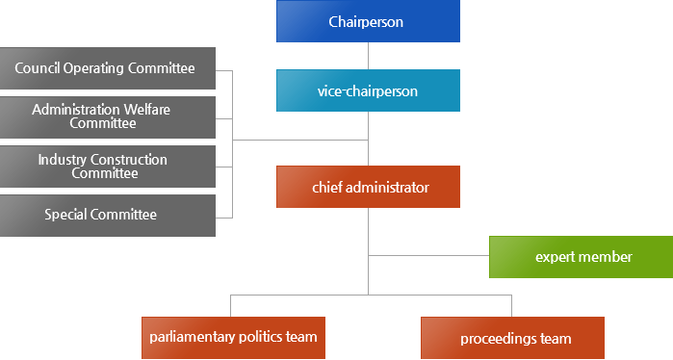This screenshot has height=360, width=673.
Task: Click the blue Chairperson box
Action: (x=367, y=21)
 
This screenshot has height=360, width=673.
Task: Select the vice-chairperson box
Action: (x=367, y=91)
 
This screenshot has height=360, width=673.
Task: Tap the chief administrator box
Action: (x=367, y=187)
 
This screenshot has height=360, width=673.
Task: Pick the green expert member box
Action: (x=581, y=257)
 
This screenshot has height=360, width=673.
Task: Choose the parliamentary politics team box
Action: (x=233, y=338)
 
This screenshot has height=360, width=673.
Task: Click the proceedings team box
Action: (x=512, y=338)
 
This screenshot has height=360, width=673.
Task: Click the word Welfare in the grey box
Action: (x=146, y=110)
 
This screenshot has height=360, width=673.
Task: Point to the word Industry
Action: (x=63, y=159)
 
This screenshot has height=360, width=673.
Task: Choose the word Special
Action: (x=66, y=215)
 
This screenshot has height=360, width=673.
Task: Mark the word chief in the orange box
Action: (x=327, y=187)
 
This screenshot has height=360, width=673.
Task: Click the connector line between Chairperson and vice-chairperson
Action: (x=368, y=56)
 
